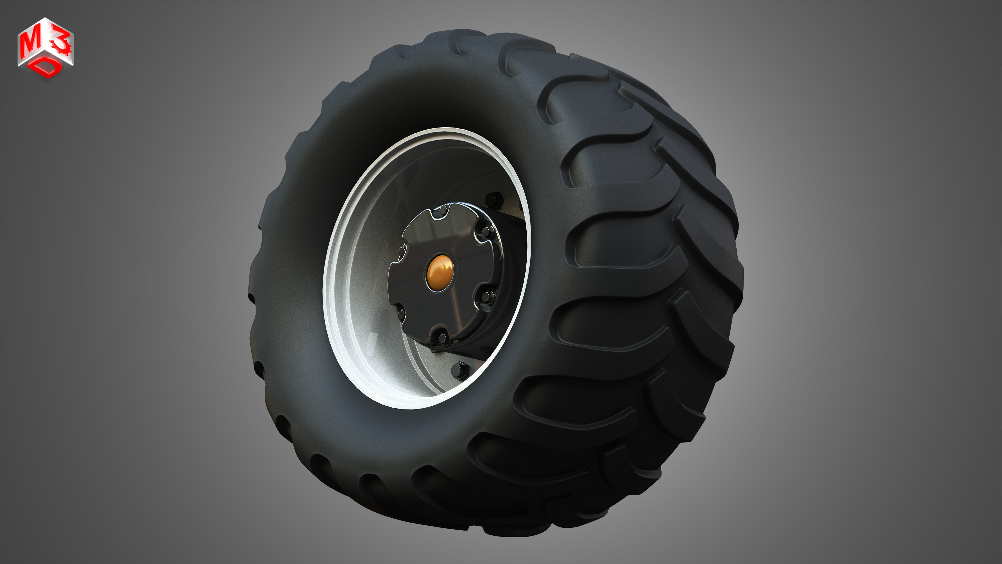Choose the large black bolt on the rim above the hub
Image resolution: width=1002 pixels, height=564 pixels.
pos(494,200)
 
